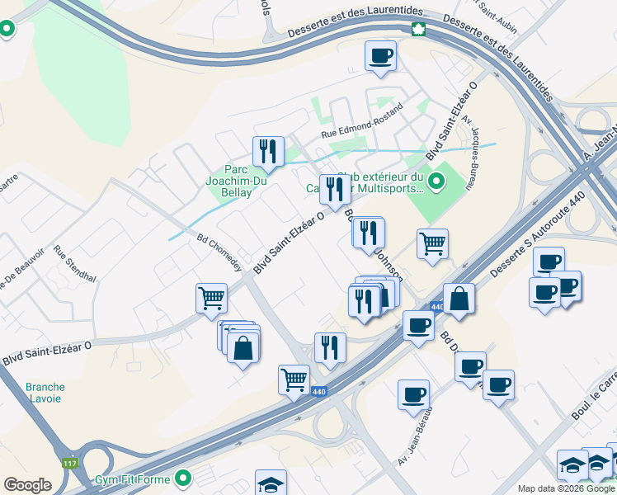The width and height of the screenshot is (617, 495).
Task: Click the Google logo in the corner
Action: pos(28,485)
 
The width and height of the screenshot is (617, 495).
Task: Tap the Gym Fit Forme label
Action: pos(132,479)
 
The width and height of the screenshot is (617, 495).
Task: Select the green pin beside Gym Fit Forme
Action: pos(184,478)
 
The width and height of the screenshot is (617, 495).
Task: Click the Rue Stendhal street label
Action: pos(75,263)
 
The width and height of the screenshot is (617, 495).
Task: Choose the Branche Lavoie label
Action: pos(44,393)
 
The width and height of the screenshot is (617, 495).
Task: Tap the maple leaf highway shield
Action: pos(418,31)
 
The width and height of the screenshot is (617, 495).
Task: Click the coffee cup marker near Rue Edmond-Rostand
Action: pos(380,57)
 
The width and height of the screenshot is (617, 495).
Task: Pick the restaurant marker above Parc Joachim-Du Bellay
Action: pos(268,151)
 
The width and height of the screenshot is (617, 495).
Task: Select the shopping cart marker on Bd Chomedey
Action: pos(212,298)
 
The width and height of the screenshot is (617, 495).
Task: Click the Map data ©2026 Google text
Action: pos(565,488)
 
